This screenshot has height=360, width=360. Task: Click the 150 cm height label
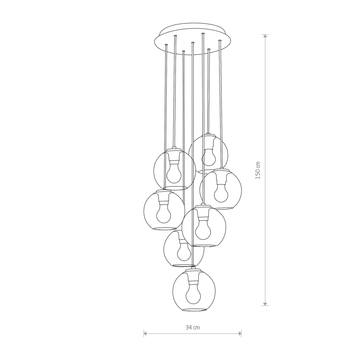tap(258, 170)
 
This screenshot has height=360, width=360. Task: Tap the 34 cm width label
tap(192, 328)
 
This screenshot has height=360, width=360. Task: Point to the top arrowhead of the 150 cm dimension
tap(265, 36)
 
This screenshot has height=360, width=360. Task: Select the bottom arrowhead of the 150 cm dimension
tap(265, 304)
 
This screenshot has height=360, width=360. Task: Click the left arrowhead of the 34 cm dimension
tap(145, 333)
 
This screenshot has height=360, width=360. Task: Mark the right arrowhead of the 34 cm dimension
tap(240, 333)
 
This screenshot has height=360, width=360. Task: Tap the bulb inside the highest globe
tap(209, 157)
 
